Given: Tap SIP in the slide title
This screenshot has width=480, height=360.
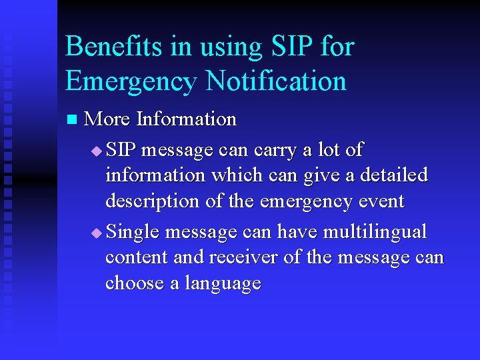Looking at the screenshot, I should click(x=289, y=47).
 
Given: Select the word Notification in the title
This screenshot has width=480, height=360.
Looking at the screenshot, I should click(x=277, y=81).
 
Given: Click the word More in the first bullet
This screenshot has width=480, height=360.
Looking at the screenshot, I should click(x=108, y=119).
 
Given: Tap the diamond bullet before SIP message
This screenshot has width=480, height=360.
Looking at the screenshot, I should click(x=97, y=151).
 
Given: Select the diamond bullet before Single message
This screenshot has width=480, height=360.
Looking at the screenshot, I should click(x=97, y=233).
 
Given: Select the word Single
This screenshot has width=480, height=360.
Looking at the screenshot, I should click(x=133, y=232).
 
